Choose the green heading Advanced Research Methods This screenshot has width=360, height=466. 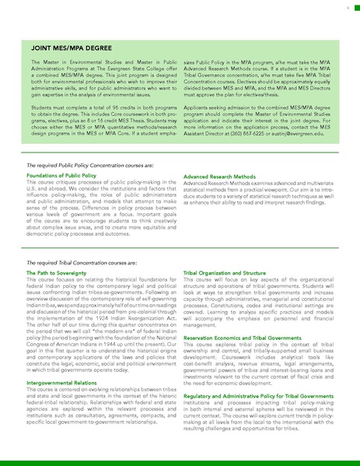click(218, 177)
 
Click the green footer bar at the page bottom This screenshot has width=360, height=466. click(180, 462)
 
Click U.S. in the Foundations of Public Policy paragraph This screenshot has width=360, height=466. click(34, 188)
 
